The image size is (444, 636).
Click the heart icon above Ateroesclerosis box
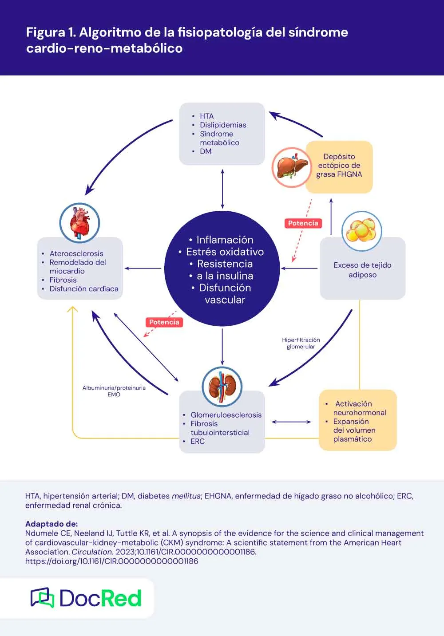[80, 223]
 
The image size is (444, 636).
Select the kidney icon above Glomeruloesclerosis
[222, 386]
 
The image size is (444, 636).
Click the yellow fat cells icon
[361, 231]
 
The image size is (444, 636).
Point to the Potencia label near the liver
[303, 223]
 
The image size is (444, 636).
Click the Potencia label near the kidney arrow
[164, 322]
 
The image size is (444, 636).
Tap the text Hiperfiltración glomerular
[301, 343]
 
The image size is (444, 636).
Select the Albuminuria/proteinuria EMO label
[114, 391]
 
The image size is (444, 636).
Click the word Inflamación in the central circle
[225, 240]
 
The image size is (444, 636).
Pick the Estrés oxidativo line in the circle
[225, 252]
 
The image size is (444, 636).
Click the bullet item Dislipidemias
[222, 125]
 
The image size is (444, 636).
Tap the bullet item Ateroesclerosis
[76, 253]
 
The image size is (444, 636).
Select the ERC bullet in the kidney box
[198, 441]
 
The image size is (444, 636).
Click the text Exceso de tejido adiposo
[362, 269]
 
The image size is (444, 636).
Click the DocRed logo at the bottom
[86, 598]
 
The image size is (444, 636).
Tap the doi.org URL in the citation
[111, 561]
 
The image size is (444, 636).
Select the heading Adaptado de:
[51, 524]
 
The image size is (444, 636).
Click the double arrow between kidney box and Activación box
[291, 422]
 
